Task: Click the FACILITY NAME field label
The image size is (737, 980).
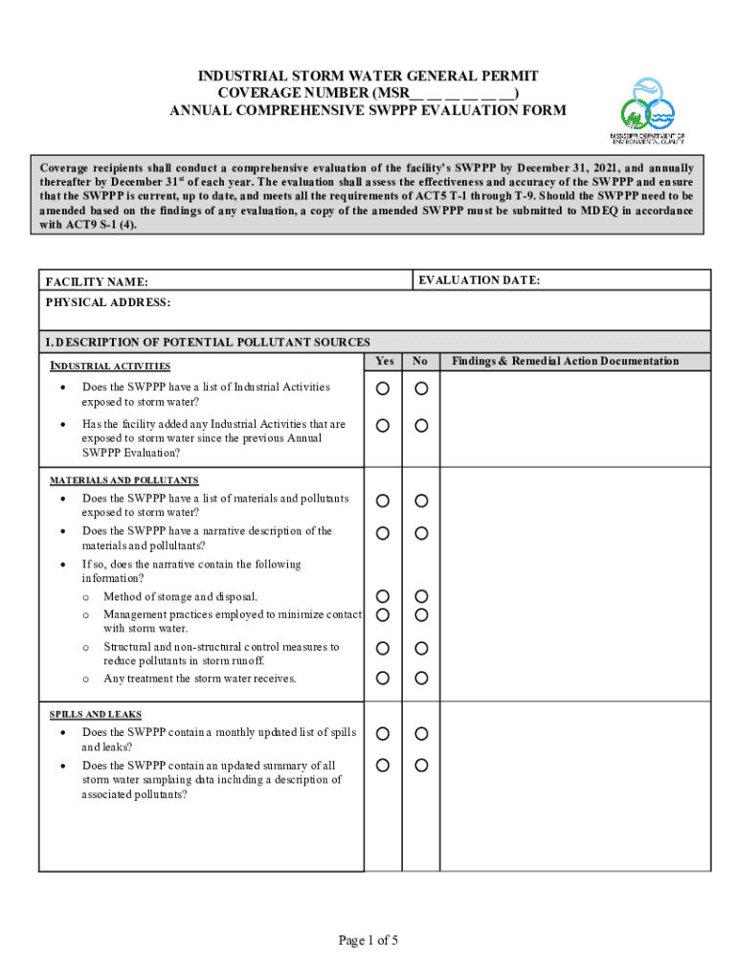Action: pos(97,282)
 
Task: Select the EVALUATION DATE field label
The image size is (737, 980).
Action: pos(479,280)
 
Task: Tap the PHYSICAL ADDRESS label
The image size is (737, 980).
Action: pos(108,302)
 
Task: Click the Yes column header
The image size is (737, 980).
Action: pos(384,361)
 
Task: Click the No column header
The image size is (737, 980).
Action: pos(420,361)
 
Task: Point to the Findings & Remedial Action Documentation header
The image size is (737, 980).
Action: pos(565,361)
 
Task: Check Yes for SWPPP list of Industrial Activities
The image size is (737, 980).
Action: pos(383,389)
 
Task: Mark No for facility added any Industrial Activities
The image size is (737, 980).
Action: pos(421,425)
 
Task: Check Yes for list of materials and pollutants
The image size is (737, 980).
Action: pos(383,501)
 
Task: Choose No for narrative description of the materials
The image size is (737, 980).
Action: pos(421,532)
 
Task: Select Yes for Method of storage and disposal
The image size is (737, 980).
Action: pos(383,597)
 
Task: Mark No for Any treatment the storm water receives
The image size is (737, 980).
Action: pos(421,679)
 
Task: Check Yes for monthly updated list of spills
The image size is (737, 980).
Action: pos(383,734)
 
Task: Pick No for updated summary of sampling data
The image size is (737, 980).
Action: pos(421,766)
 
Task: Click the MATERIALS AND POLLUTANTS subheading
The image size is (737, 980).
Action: pos(124,479)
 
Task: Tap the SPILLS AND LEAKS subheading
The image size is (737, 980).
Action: pos(96,714)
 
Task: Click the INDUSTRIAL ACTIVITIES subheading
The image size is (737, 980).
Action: pos(111,366)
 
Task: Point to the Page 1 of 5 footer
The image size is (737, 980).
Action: pos(368,941)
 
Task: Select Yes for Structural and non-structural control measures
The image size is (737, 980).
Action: pos(383,649)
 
